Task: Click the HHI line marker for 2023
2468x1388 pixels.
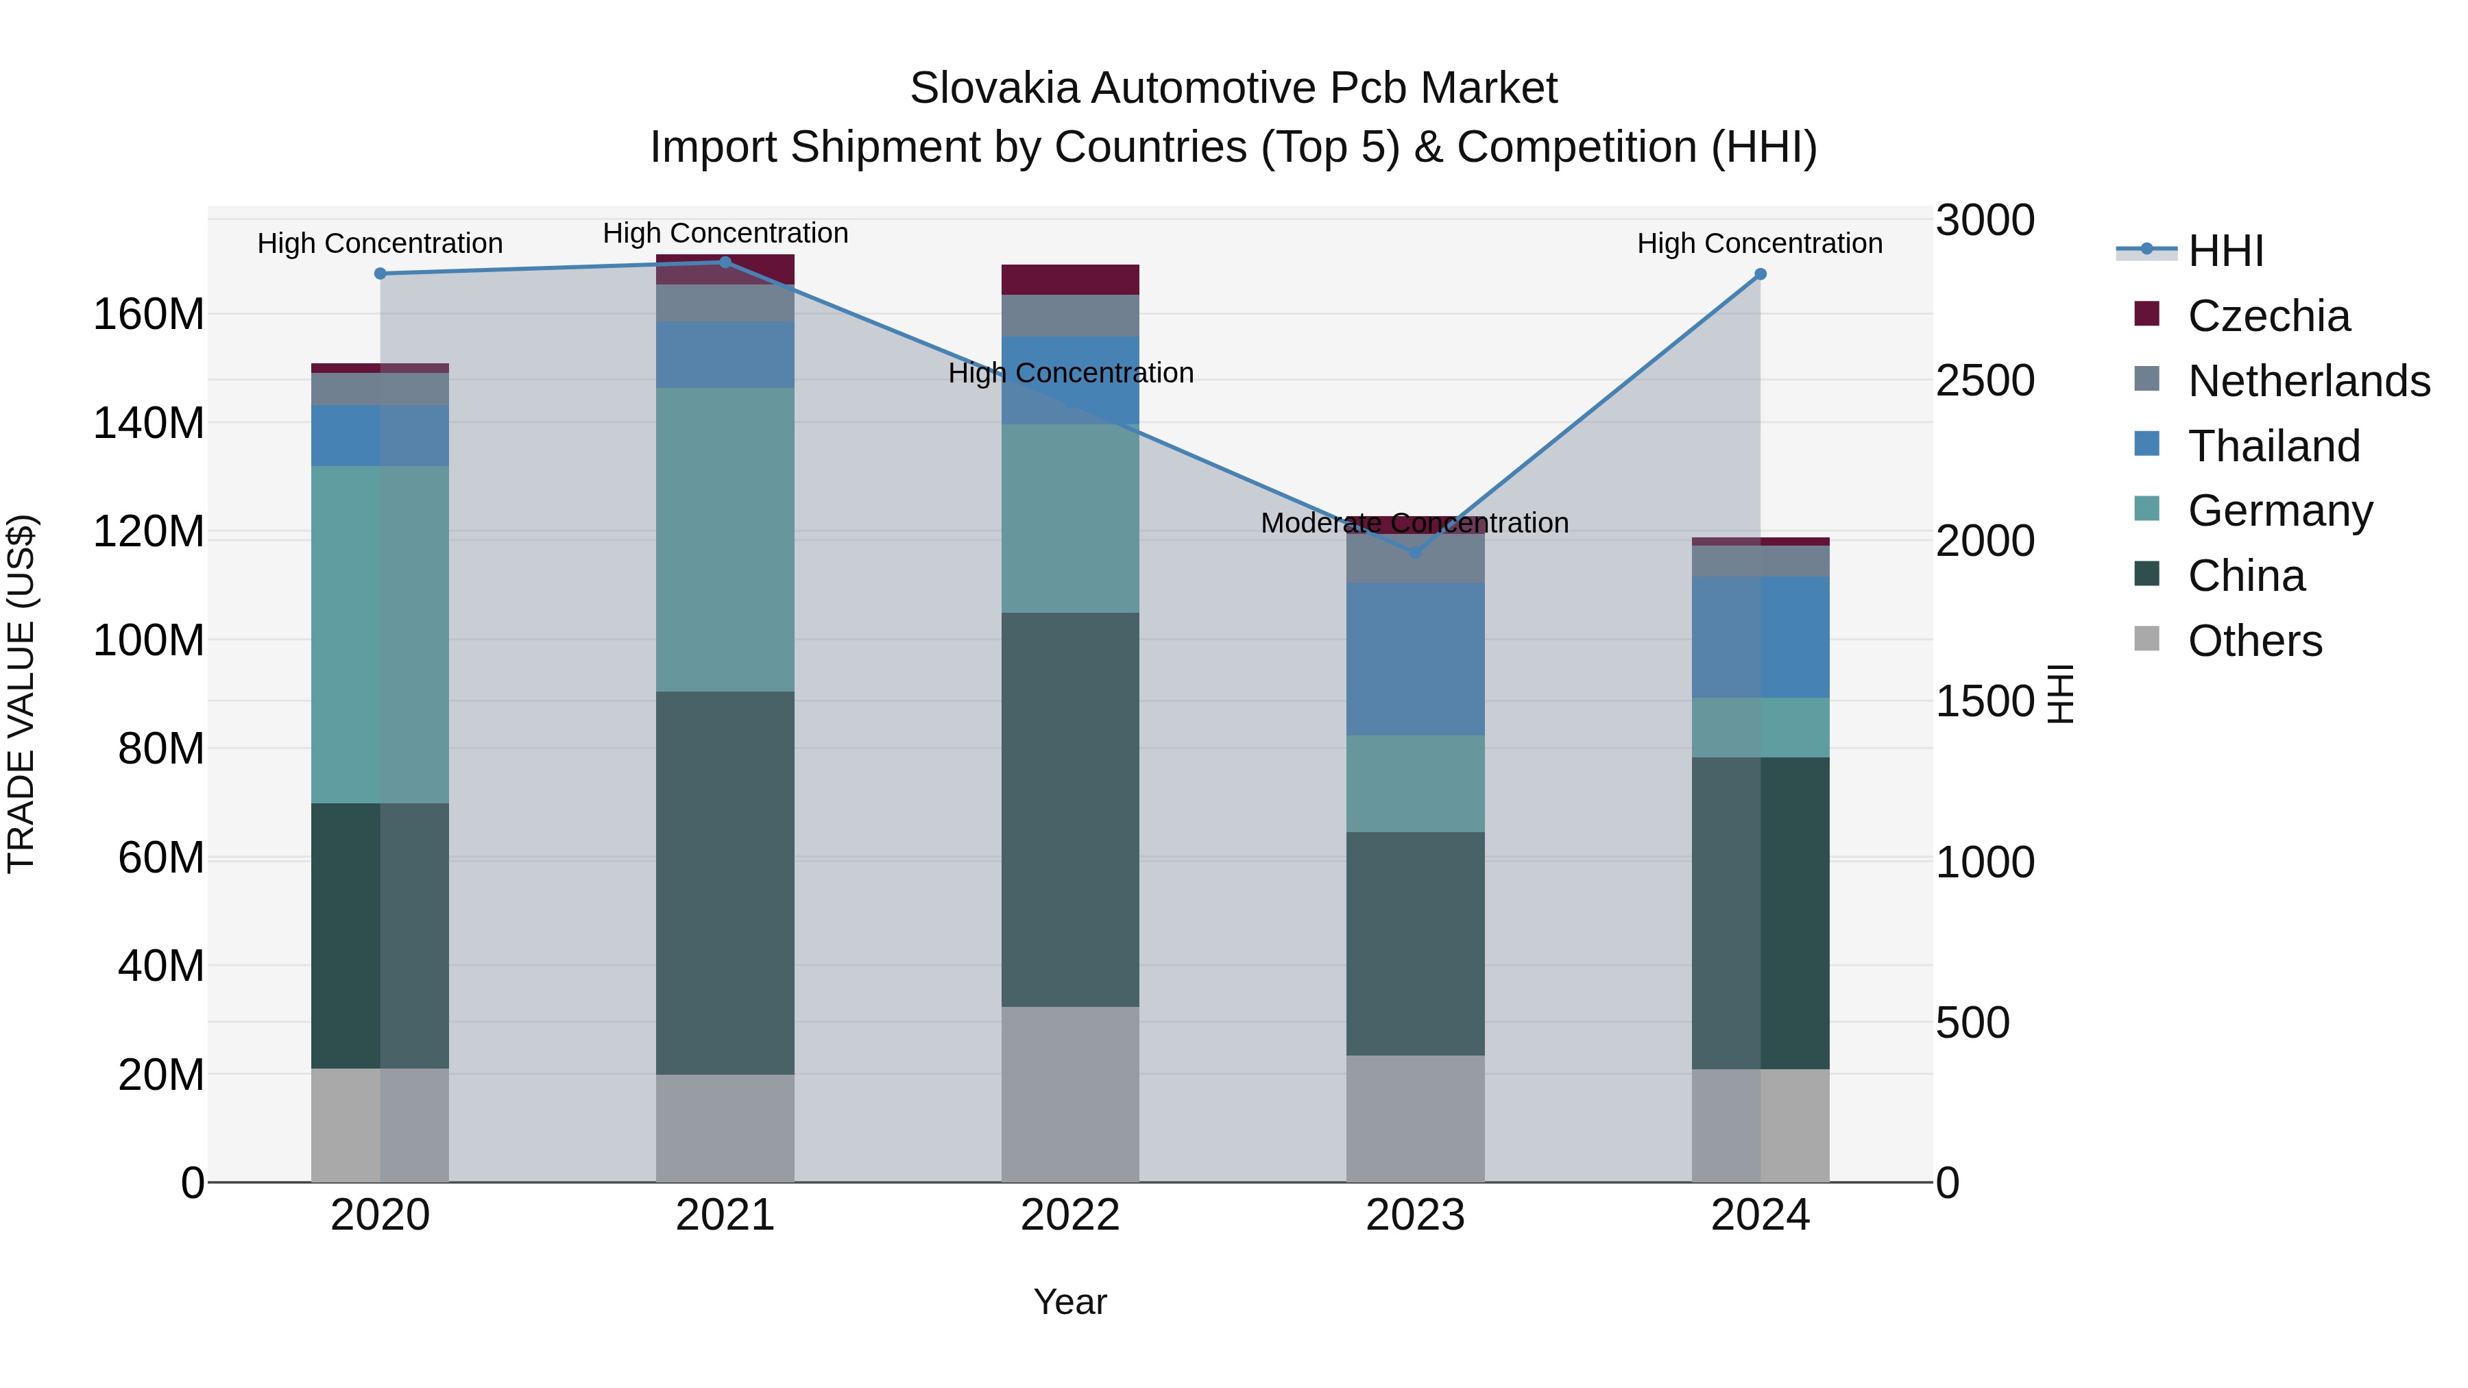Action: (x=1415, y=552)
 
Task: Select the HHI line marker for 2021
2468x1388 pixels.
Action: (x=725, y=263)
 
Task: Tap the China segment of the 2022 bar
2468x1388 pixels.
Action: (x=1070, y=809)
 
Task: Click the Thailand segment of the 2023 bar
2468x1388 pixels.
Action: (x=1415, y=659)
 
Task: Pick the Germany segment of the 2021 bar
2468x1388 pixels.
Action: (x=725, y=539)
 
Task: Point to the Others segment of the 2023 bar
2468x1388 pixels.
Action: (x=1415, y=1119)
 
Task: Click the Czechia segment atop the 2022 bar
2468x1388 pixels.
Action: (x=1070, y=280)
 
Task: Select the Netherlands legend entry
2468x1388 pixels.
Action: (x=2309, y=381)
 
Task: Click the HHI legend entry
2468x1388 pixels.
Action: (x=2225, y=251)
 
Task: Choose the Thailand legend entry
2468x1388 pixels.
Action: (x=2273, y=446)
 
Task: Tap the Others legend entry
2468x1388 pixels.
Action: (x=2254, y=641)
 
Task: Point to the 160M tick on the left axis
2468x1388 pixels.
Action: (x=149, y=314)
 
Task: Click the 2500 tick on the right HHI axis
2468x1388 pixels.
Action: (x=1984, y=380)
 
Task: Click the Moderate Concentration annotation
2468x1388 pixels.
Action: (x=1414, y=523)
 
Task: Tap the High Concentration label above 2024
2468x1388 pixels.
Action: (x=1759, y=243)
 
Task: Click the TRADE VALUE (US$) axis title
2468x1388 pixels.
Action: (x=21, y=694)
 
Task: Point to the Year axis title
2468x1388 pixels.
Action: (x=1070, y=1302)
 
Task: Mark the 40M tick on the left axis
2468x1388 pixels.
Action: (x=161, y=966)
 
